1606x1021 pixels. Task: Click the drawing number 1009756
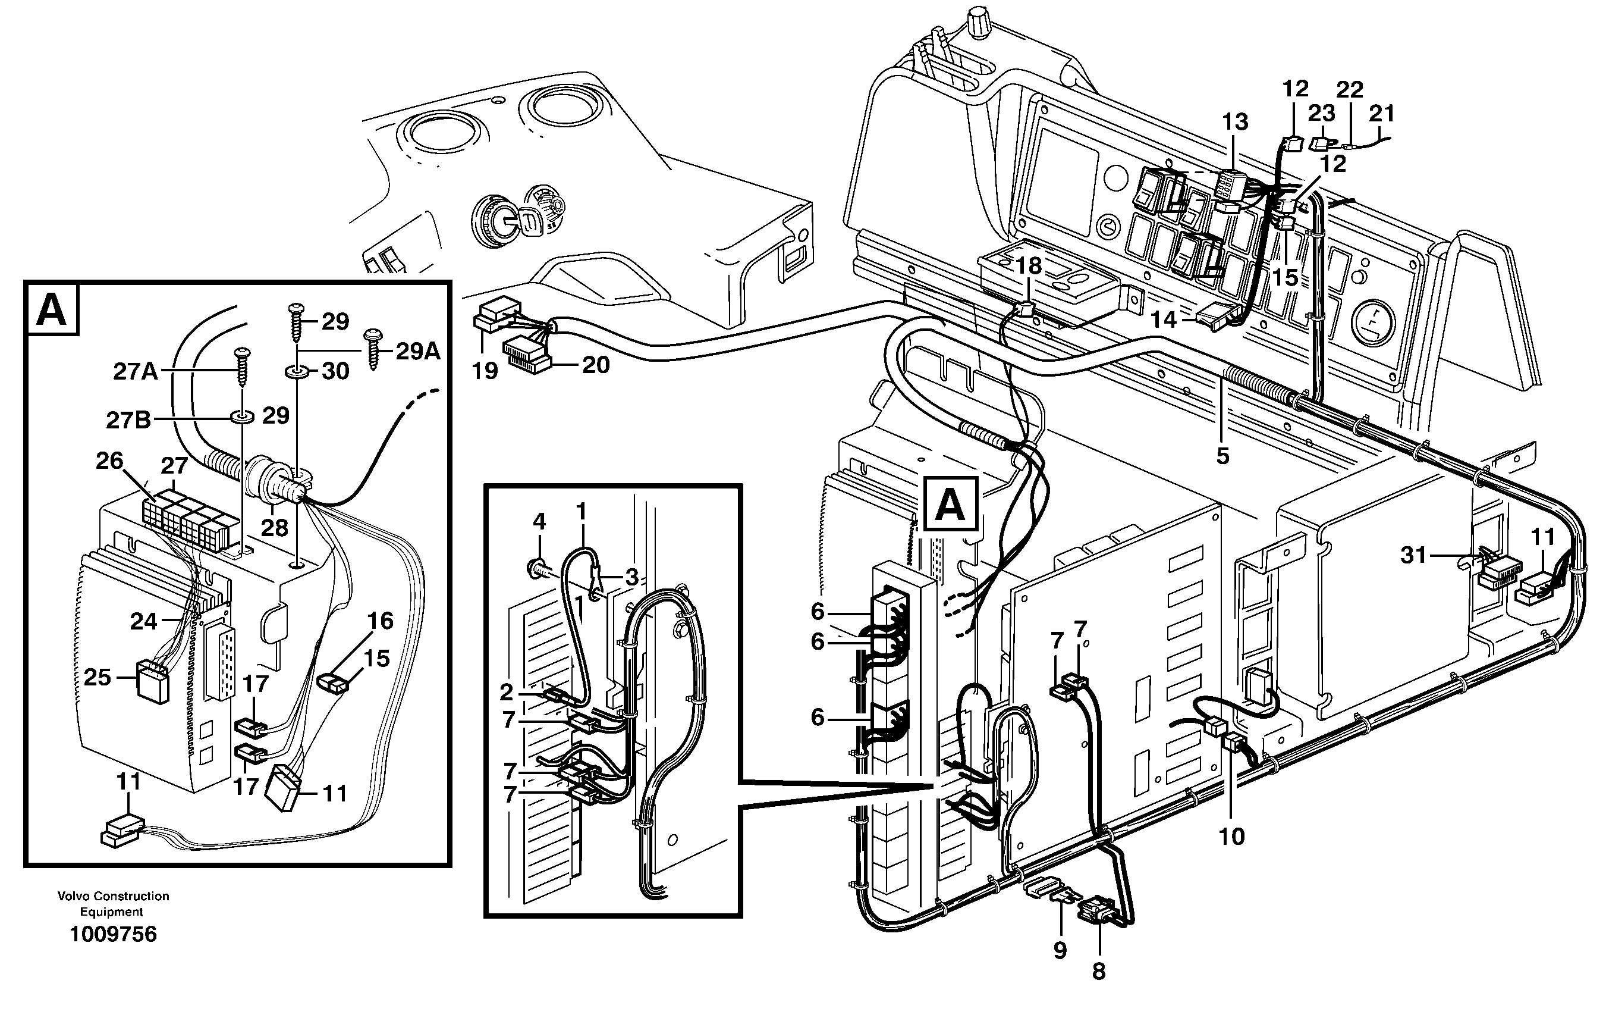pyautogui.click(x=114, y=934)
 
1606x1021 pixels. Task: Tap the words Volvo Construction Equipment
pyautogui.click(x=114, y=904)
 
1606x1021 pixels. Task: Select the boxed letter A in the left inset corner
pyautogui.click(x=52, y=309)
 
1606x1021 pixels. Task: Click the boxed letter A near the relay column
pyautogui.click(x=950, y=505)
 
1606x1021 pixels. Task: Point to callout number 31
pyautogui.click(x=1413, y=555)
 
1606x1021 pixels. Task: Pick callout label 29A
pyautogui.click(x=417, y=351)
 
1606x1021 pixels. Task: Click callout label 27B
pyautogui.click(x=128, y=421)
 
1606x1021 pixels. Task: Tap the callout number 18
pyautogui.click(x=1029, y=265)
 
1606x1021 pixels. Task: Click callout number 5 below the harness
pyautogui.click(x=1222, y=456)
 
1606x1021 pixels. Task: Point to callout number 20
pyautogui.click(x=595, y=364)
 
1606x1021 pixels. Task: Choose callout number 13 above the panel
pyautogui.click(x=1234, y=122)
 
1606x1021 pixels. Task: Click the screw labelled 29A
pyautogui.click(x=372, y=347)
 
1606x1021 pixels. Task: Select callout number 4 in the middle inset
pyautogui.click(x=539, y=521)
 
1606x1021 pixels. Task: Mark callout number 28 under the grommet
pyautogui.click(x=274, y=527)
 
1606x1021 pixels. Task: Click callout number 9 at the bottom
pyautogui.click(x=1060, y=950)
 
